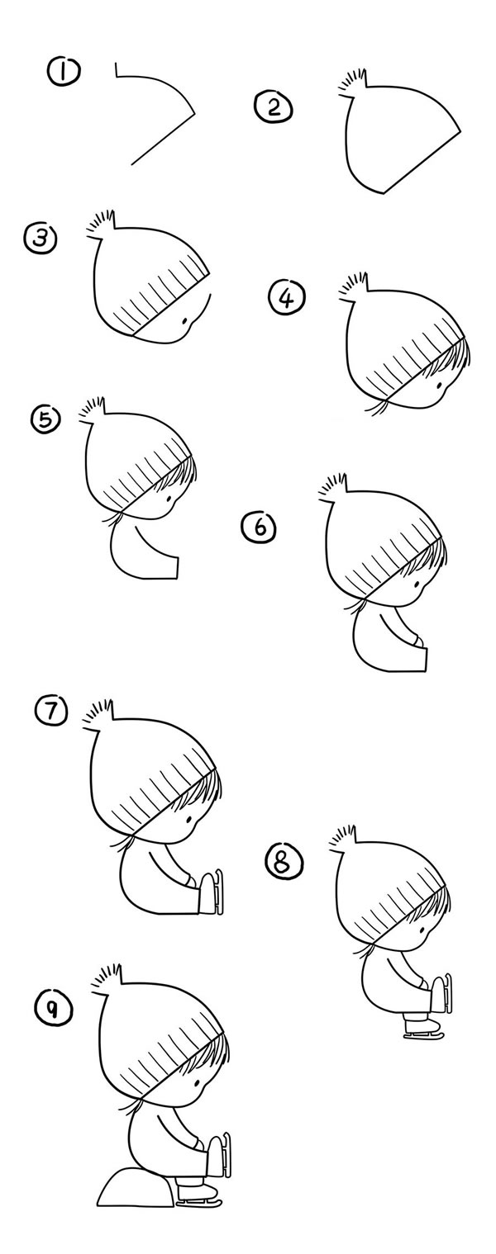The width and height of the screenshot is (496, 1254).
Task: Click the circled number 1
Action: pyautogui.click(x=64, y=72)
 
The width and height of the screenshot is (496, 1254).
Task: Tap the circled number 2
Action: pyautogui.click(x=274, y=107)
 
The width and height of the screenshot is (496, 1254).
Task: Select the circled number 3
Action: pyautogui.click(x=41, y=239)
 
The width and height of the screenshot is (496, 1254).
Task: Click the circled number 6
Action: pyautogui.click(x=259, y=528)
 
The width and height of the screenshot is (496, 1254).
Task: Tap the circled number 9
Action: pyautogui.click(x=54, y=1010)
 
